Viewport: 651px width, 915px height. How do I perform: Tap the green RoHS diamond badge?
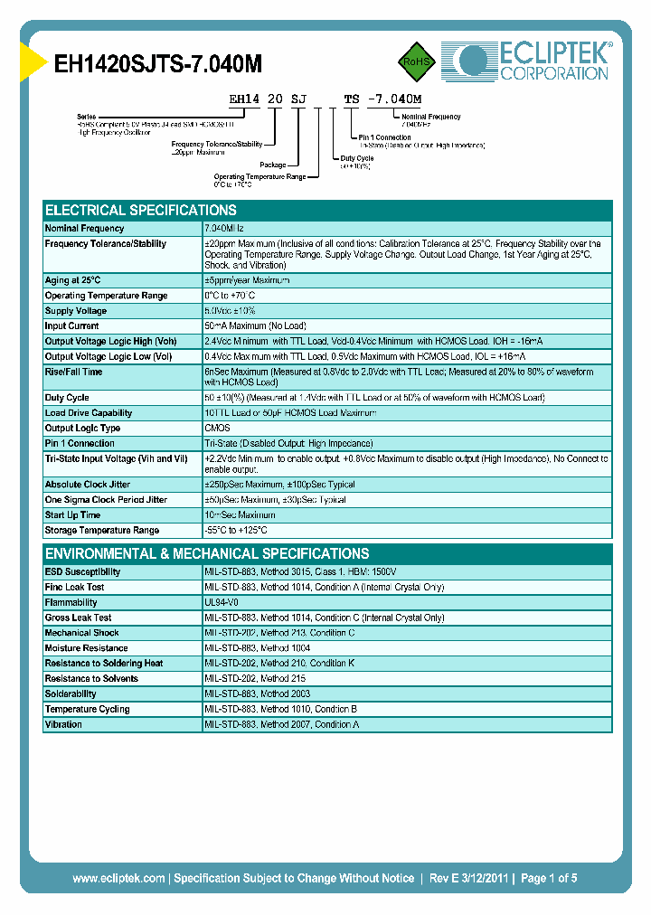418,61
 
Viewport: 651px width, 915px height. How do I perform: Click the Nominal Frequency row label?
85,229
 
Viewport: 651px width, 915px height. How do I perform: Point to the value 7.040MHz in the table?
231,229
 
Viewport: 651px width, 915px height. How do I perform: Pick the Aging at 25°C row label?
73,280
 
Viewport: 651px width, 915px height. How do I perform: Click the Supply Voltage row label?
76,311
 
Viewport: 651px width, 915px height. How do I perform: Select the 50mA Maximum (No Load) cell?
255,326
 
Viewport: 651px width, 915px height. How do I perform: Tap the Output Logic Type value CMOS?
218,429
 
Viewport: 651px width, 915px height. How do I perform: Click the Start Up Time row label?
73,515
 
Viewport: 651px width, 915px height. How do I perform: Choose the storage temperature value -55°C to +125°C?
236,531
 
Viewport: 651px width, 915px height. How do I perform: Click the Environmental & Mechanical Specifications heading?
207,553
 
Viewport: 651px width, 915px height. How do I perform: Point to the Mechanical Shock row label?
82,633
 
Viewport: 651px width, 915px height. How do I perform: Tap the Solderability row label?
71,693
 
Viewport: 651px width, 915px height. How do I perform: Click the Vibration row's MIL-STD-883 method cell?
281,724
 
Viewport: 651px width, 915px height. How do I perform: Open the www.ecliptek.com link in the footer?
118,878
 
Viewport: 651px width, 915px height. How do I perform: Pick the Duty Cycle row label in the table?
67,398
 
